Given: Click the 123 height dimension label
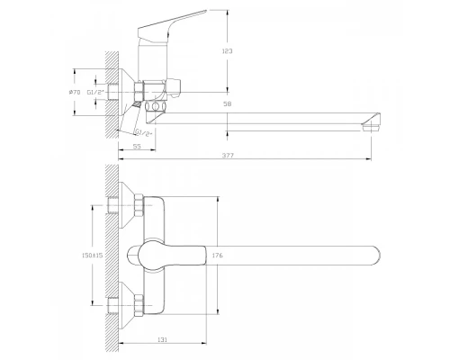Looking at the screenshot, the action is tap(228, 51).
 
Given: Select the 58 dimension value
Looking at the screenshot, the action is tap(228, 104).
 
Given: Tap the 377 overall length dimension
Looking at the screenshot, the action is tap(228, 156).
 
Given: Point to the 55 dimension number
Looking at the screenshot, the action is tap(137, 147).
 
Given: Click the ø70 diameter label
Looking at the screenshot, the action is tap(75, 93).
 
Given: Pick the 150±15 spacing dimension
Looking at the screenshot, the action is tap(92, 256).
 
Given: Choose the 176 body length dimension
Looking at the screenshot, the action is tap(217, 256).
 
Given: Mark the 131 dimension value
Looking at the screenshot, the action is tap(162, 339).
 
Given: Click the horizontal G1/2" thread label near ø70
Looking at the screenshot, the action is tap(95, 93).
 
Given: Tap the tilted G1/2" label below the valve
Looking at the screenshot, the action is tap(144, 132).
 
